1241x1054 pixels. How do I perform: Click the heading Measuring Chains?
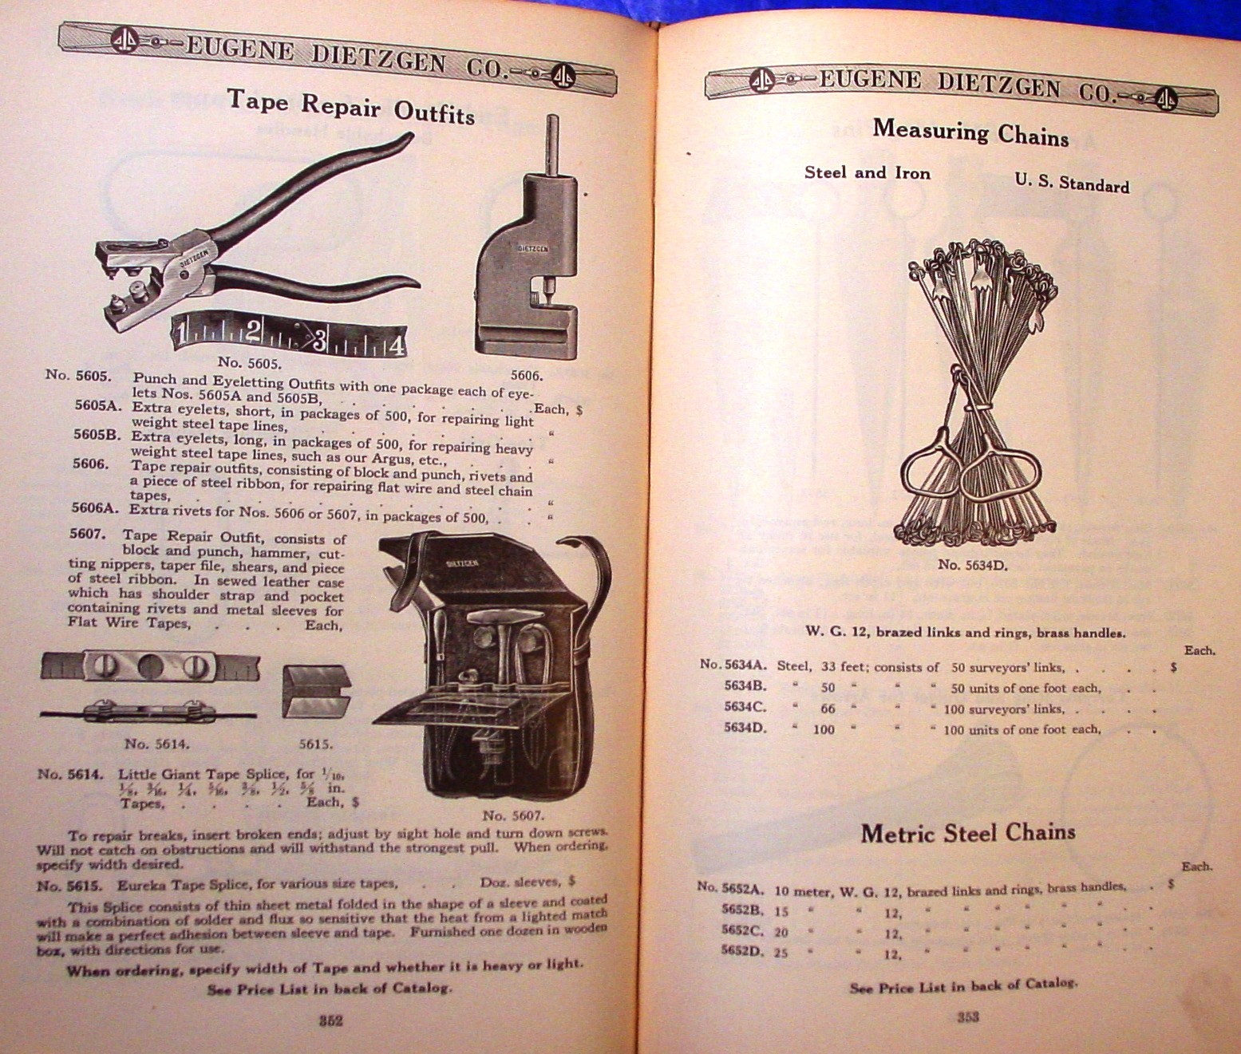click(x=970, y=131)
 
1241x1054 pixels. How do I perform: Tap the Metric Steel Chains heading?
click(x=967, y=833)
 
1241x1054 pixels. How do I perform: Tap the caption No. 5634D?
click(x=972, y=565)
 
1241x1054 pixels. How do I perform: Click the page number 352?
click(x=330, y=1020)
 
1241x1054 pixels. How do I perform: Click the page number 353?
click(x=967, y=1016)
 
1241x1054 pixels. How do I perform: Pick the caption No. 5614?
click(x=158, y=744)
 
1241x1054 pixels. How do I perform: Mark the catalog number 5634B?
click(x=745, y=685)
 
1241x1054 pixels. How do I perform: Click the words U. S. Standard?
click(x=1071, y=184)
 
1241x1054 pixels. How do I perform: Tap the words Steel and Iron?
click(x=867, y=173)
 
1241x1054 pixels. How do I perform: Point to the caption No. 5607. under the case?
click(x=512, y=815)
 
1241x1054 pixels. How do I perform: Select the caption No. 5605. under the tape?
click(x=250, y=363)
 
